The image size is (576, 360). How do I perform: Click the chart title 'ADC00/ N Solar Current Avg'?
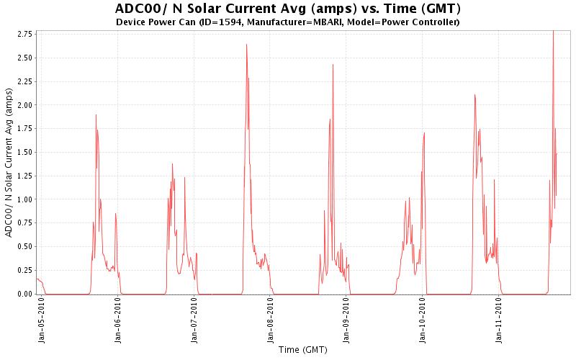[x=288, y=9]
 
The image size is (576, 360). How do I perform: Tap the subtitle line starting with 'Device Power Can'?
[x=288, y=22]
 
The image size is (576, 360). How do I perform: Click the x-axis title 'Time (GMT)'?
[x=302, y=350]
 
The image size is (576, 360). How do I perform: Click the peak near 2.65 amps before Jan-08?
[x=246, y=45]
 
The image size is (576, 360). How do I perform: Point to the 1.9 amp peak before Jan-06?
[x=96, y=115]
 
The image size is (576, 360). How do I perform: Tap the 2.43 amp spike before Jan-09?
[x=333, y=65]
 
